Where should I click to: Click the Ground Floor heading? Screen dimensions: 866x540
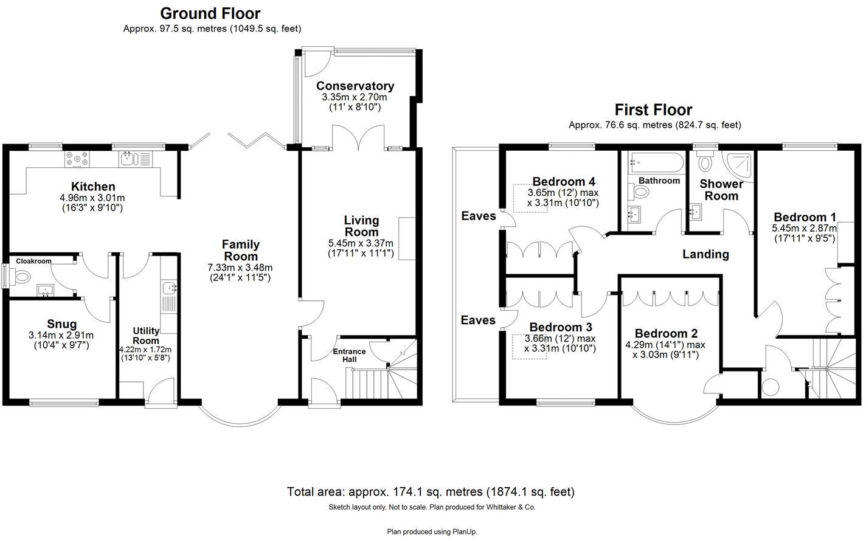click(x=210, y=13)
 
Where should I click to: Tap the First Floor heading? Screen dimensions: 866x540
click(x=653, y=110)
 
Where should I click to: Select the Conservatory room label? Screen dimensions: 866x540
click(x=355, y=86)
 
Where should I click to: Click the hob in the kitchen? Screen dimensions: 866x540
click(x=77, y=159)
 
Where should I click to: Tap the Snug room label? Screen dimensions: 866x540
click(x=62, y=324)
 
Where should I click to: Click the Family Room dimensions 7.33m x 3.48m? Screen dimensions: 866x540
click(x=240, y=268)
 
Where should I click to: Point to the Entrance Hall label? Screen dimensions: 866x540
click(x=349, y=355)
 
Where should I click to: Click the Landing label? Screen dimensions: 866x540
click(x=705, y=254)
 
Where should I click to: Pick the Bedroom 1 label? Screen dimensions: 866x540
click(x=805, y=217)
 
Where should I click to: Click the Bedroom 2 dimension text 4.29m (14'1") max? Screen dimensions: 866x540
click(x=665, y=344)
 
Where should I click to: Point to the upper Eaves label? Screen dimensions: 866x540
click(x=479, y=216)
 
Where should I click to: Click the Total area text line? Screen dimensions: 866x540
click(x=431, y=492)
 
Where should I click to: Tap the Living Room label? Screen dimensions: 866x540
click(x=361, y=226)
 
